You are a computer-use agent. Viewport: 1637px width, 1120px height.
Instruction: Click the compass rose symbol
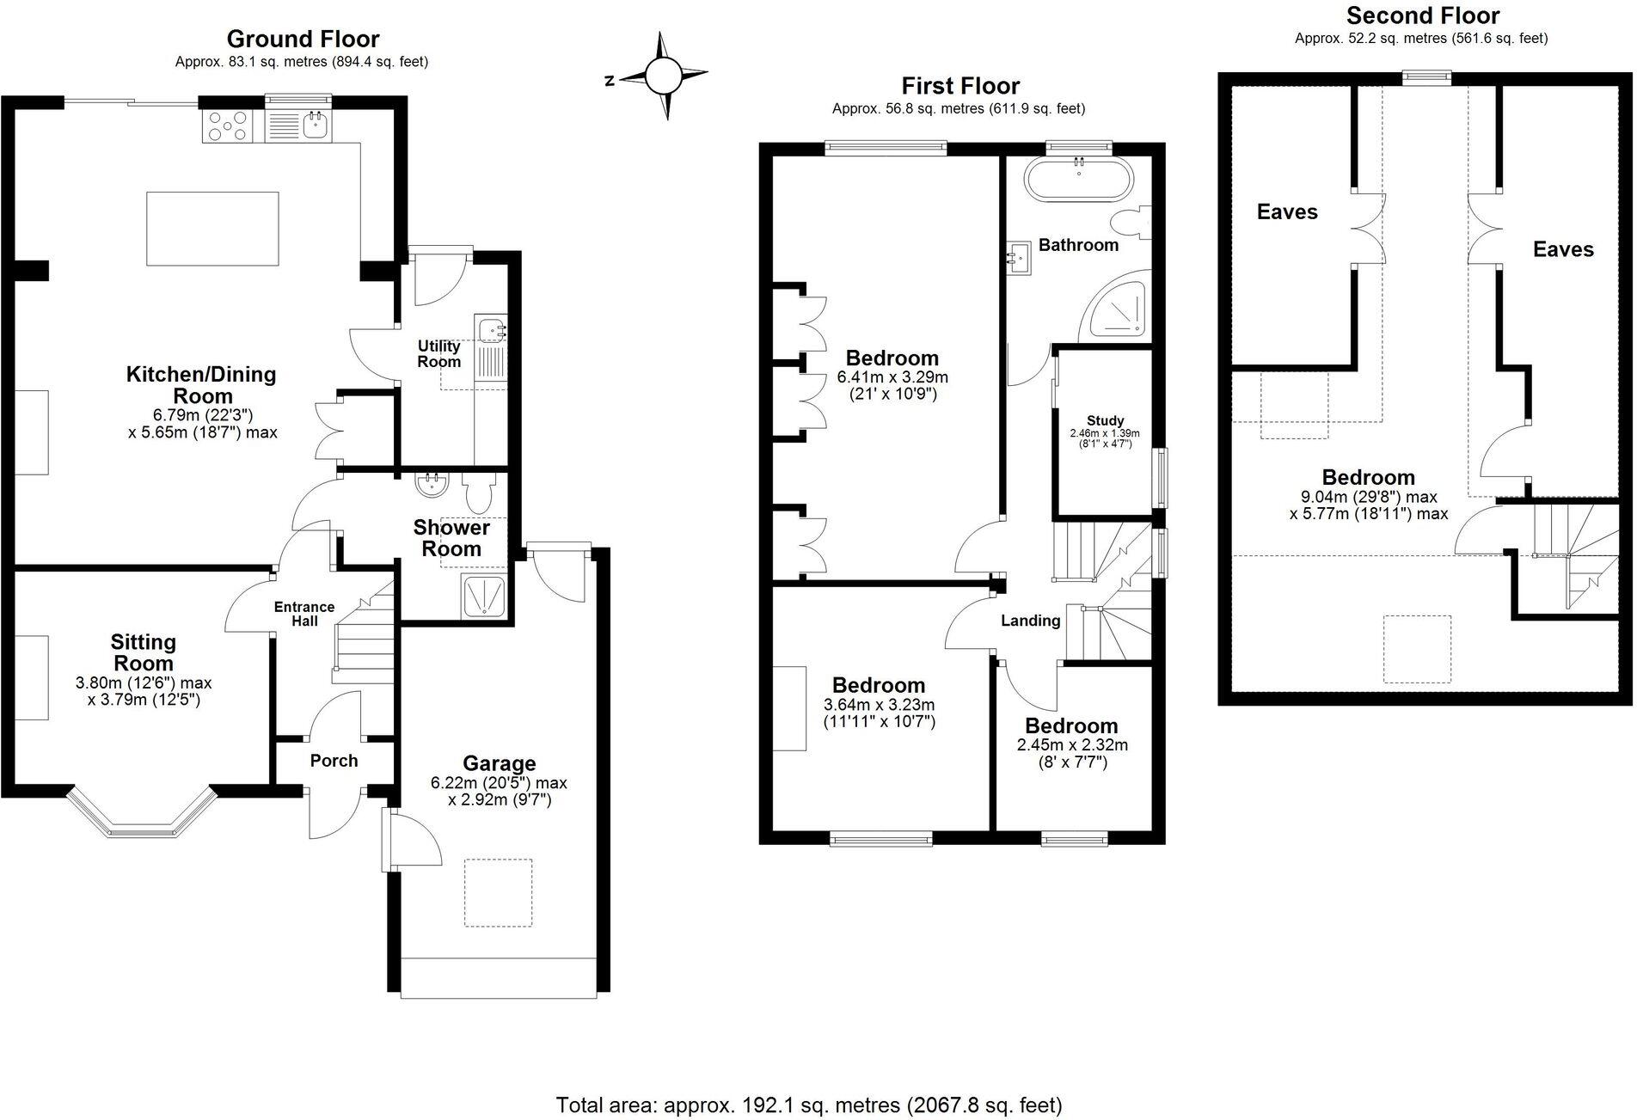662,76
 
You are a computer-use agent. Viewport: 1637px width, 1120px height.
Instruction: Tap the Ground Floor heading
303,39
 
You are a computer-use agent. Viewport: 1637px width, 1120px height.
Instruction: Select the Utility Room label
438,353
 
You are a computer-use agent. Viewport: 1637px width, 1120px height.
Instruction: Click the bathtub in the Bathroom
1079,179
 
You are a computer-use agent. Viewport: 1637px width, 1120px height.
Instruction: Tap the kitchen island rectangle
212,229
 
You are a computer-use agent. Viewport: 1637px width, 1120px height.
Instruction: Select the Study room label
1105,420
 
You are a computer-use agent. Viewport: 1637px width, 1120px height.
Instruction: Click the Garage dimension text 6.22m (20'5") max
499,783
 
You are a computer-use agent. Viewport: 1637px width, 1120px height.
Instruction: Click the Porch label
334,761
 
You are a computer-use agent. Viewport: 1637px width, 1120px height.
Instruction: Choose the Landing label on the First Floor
1030,621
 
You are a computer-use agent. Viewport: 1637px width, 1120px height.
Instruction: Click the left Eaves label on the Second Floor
1287,211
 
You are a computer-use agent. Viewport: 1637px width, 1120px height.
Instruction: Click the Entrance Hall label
304,614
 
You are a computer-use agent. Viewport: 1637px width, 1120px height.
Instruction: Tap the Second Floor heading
1422,15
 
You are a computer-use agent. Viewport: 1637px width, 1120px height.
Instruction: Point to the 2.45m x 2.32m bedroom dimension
1071,744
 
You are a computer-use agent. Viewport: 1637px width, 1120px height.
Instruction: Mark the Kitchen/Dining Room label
201,384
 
